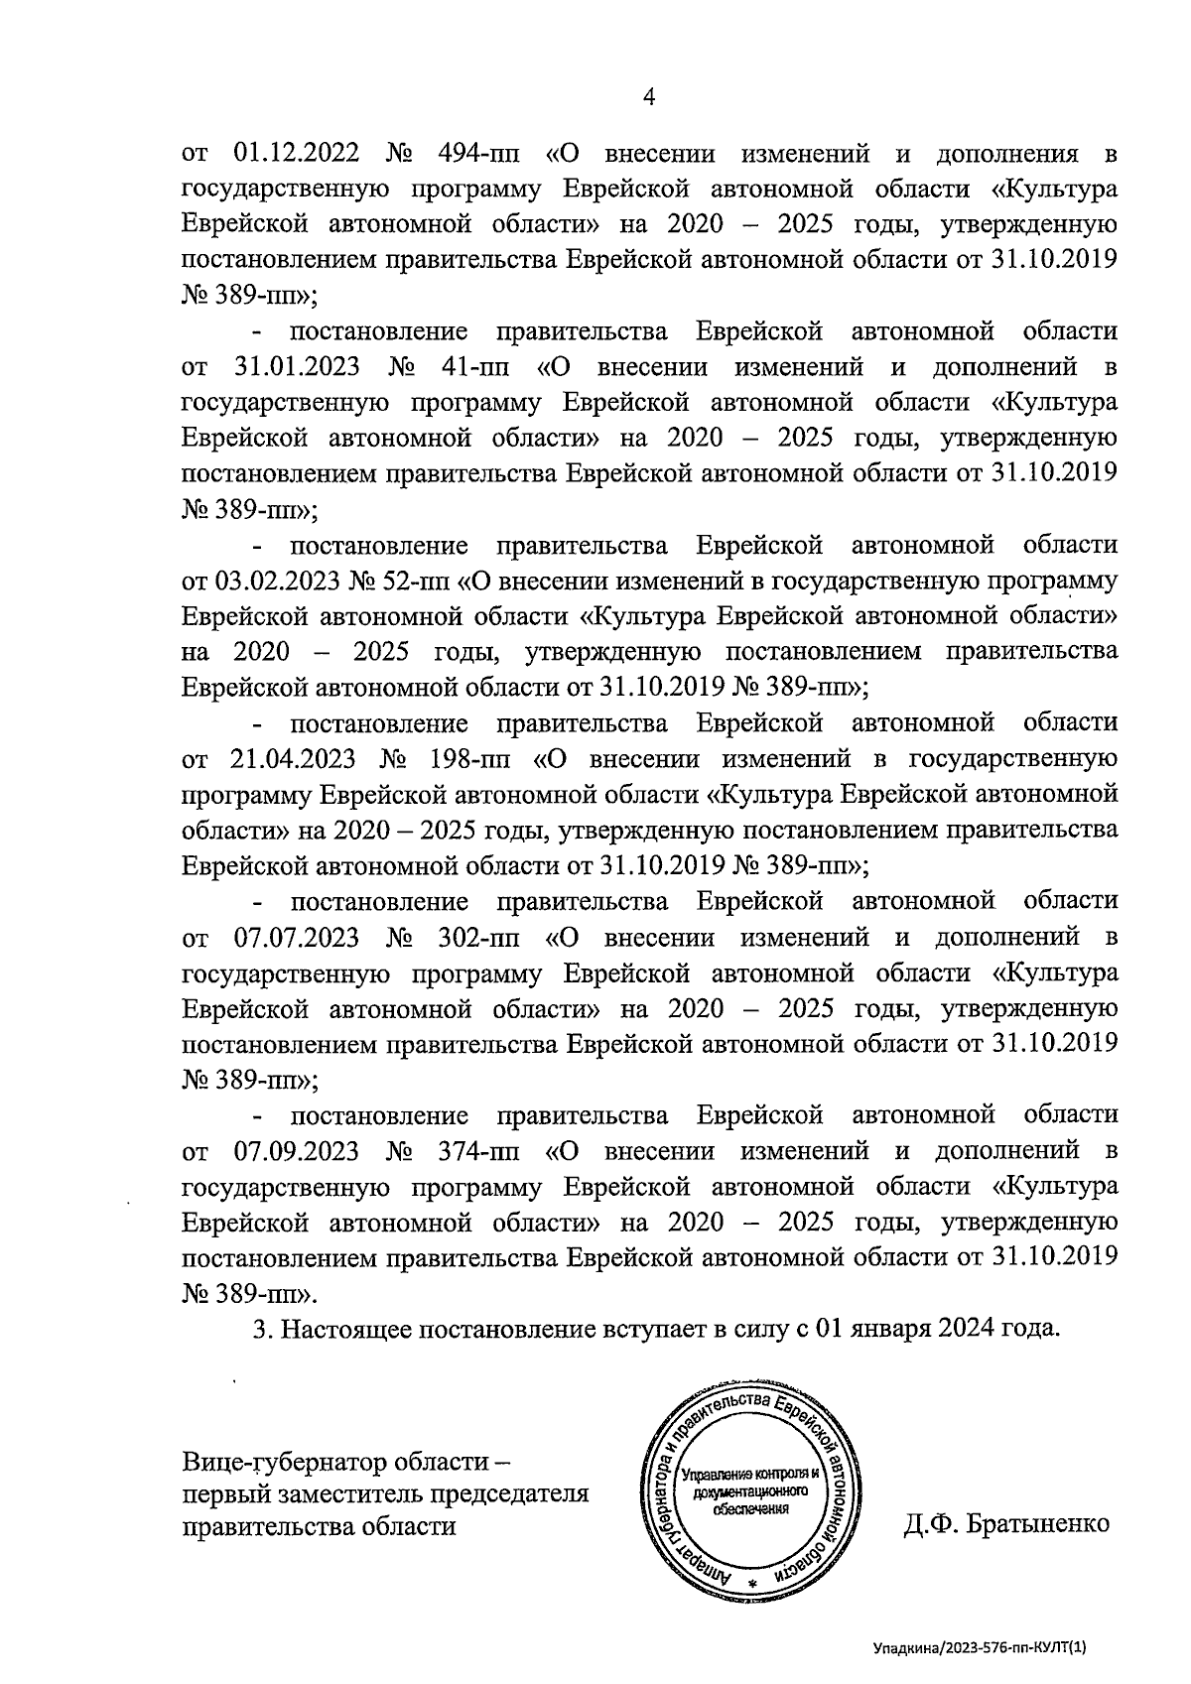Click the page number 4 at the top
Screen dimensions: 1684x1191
650,96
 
